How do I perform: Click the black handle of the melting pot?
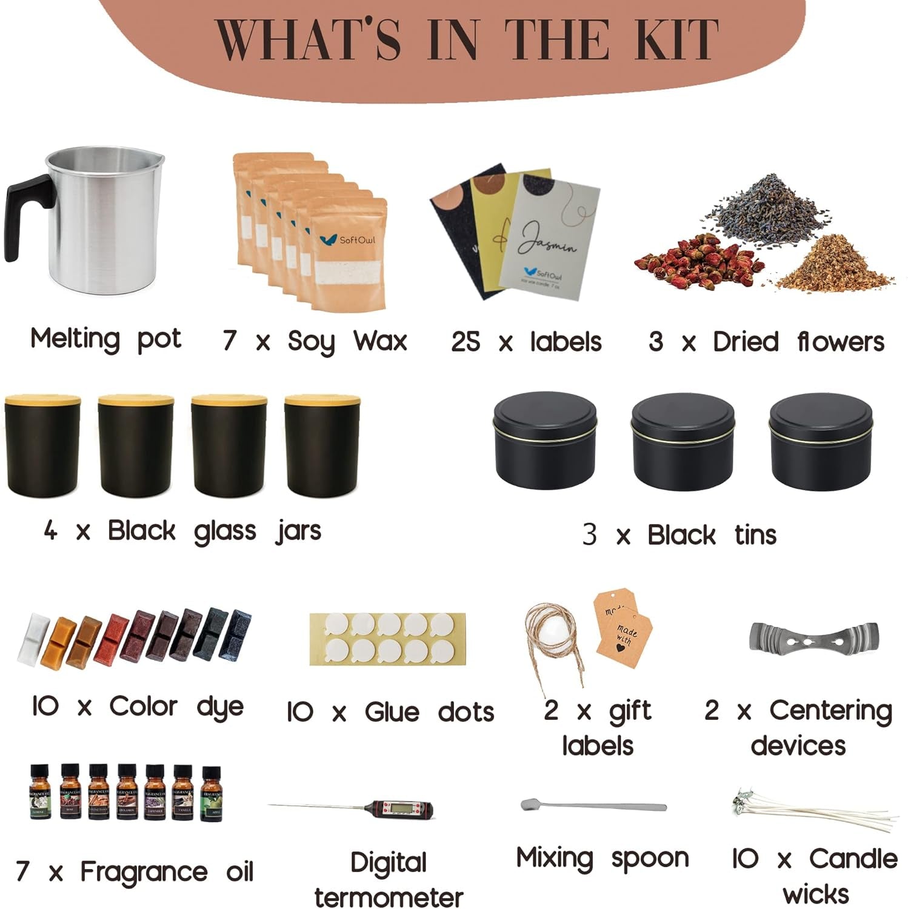pos(24,212)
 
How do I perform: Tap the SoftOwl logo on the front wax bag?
pos(348,240)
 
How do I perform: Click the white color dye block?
pos(33,636)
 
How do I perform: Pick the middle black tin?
pos(682,442)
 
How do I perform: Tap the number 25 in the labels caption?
pos(466,342)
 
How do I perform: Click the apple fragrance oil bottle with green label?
pos(212,794)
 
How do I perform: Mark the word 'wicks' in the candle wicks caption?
pos(815,894)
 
